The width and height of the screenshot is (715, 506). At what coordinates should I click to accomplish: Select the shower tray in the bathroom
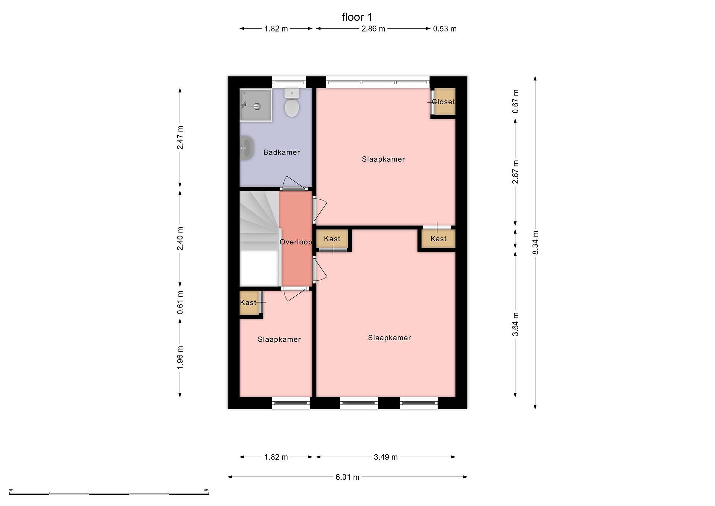[x=256, y=105]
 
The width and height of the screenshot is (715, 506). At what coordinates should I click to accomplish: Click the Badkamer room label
[x=282, y=152]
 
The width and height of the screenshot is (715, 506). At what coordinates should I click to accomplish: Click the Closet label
[x=443, y=102]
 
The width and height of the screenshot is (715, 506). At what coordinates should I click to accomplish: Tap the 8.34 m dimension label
[x=535, y=242]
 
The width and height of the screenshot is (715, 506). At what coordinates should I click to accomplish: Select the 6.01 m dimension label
[x=347, y=477]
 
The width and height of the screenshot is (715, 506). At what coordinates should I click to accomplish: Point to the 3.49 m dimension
[x=386, y=457]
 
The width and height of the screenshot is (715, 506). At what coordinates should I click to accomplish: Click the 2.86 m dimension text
[x=373, y=29]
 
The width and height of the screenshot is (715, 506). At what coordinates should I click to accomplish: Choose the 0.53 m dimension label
[x=445, y=29]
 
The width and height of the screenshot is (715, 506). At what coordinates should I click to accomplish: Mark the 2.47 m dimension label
[x=180, y=137]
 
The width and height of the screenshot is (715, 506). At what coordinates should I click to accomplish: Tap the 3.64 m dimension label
[x=515, y=324]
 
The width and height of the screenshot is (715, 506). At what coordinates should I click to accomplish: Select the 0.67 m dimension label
[x=515, y=101]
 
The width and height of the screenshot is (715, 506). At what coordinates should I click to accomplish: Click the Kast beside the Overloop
[x=332, y=239]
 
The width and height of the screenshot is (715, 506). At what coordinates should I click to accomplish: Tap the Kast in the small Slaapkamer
[x=248, y=303]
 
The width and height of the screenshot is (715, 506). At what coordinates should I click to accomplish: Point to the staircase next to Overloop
[x=259, y=238]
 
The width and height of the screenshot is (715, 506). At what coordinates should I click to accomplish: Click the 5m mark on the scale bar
[x=207, y=490]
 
